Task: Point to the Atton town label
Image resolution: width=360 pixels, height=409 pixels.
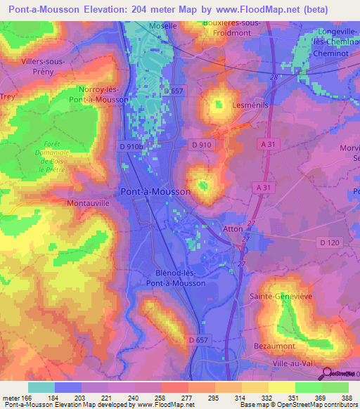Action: click(232, 228)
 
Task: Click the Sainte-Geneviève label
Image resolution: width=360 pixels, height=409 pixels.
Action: click(280, 297)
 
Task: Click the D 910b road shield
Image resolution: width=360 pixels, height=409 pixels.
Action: click(131, 145)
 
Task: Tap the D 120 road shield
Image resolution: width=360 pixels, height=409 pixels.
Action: click(329, 242)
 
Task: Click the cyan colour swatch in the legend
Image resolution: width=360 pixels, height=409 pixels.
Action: click(41, 387)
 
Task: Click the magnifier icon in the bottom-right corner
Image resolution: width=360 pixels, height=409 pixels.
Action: click(328, 375)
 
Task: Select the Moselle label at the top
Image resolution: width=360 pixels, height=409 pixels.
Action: click(162, 26)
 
